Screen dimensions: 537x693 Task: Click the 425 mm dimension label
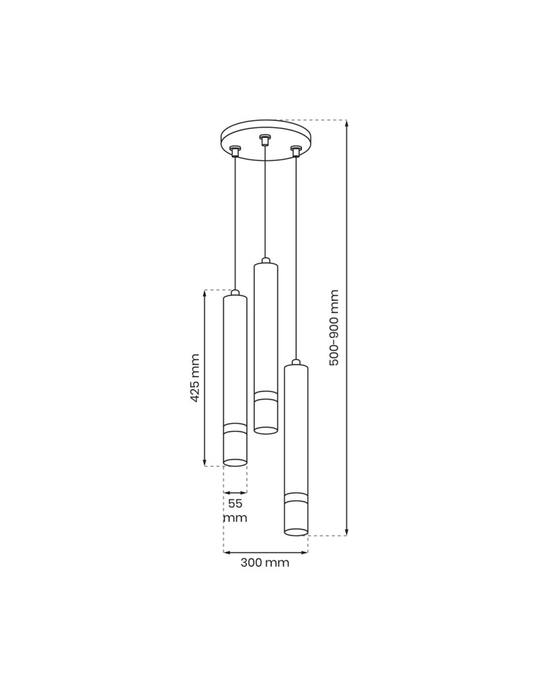tap(195, 378)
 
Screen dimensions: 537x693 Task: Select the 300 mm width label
tap(265, 563)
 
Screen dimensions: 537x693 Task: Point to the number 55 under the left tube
tap(235, 503)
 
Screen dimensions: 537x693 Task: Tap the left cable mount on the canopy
tap(235, 151)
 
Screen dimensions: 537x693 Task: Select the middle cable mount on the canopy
tap(264, 140)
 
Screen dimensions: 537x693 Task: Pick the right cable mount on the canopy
tap(296, 151)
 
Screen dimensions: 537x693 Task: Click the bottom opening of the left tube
tap(235, 462)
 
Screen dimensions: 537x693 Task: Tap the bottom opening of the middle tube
tap(266, 430)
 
